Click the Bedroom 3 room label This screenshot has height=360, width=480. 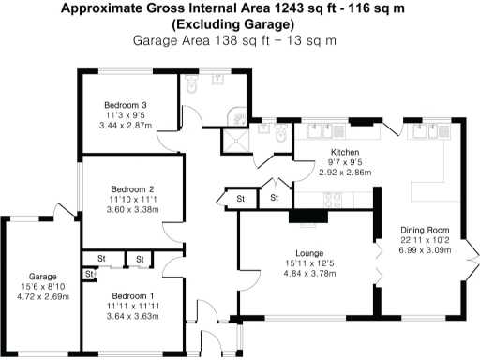[x=125, y=103]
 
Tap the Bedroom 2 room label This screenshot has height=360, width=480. [x=132, y=188]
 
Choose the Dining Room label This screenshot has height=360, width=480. [x=426, y=230]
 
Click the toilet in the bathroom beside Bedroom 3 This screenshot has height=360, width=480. [x=191, y=85]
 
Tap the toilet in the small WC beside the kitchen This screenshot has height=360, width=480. [x=281, y=136]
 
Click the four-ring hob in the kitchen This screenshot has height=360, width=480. [x=332, y=198]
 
